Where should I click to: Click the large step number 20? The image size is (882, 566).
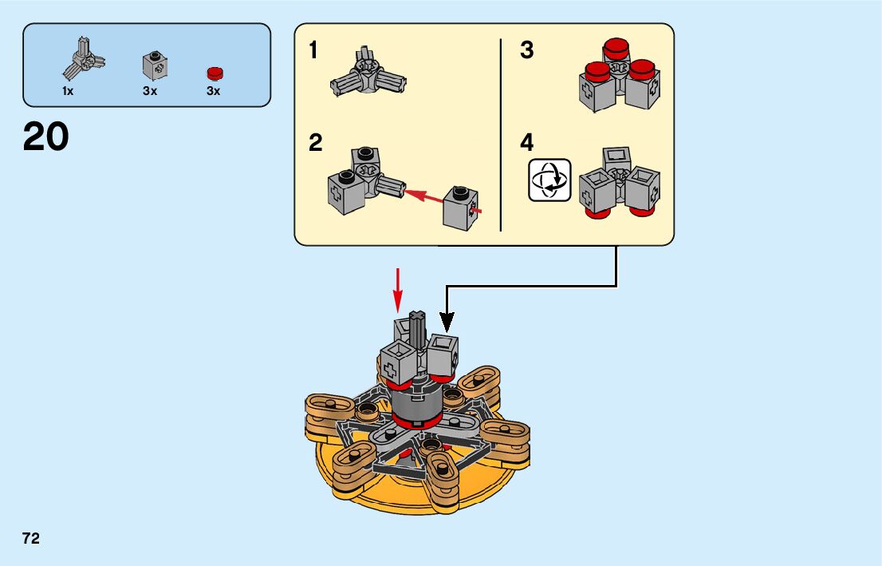45,137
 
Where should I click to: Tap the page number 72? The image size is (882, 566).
31,538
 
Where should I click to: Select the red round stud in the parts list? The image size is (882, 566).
215,73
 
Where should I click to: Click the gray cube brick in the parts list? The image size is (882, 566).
155,65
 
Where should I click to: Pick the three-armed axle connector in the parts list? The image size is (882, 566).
83,58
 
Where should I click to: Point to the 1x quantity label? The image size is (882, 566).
68,91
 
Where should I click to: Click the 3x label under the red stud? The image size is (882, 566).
213,91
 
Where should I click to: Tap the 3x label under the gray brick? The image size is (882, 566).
150,91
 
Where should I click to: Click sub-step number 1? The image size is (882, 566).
313,50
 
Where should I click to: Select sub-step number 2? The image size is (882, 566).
316,143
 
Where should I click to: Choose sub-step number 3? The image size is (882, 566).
526,50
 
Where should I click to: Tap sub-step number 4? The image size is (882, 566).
526,143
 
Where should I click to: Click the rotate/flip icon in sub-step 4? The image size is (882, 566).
549,180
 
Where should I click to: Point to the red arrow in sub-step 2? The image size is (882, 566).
443,201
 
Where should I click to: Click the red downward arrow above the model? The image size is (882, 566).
398,290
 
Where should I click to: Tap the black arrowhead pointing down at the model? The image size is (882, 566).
447,322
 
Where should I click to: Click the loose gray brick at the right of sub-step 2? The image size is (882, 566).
461,208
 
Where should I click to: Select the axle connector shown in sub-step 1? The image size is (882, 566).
368,73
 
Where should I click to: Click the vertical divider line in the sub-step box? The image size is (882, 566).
501,135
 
